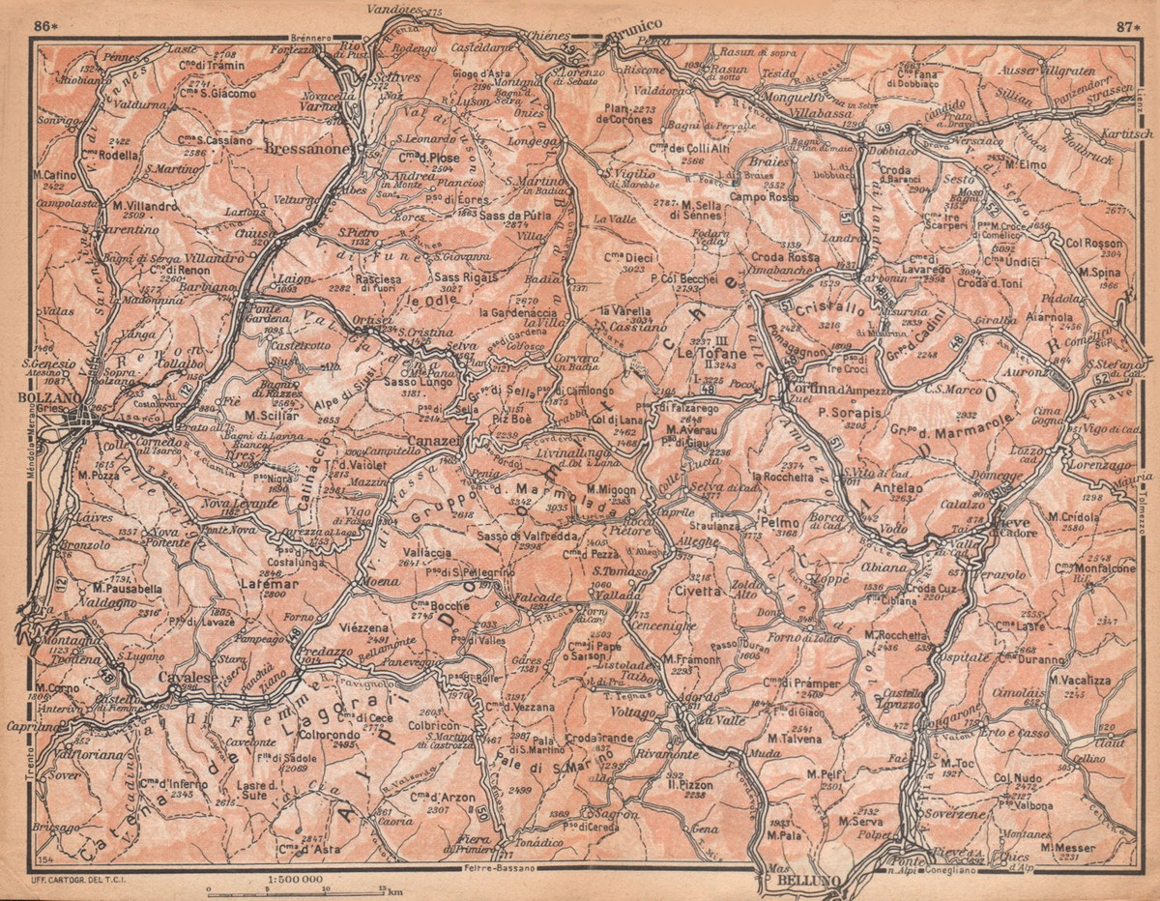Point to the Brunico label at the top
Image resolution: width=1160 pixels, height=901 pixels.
pyautogui.click(x=634, y=24)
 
